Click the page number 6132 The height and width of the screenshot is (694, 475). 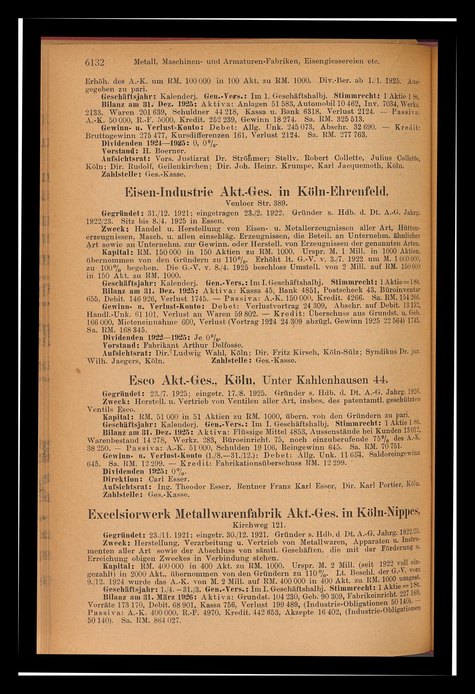94,63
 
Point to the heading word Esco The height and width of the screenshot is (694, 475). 142,380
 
